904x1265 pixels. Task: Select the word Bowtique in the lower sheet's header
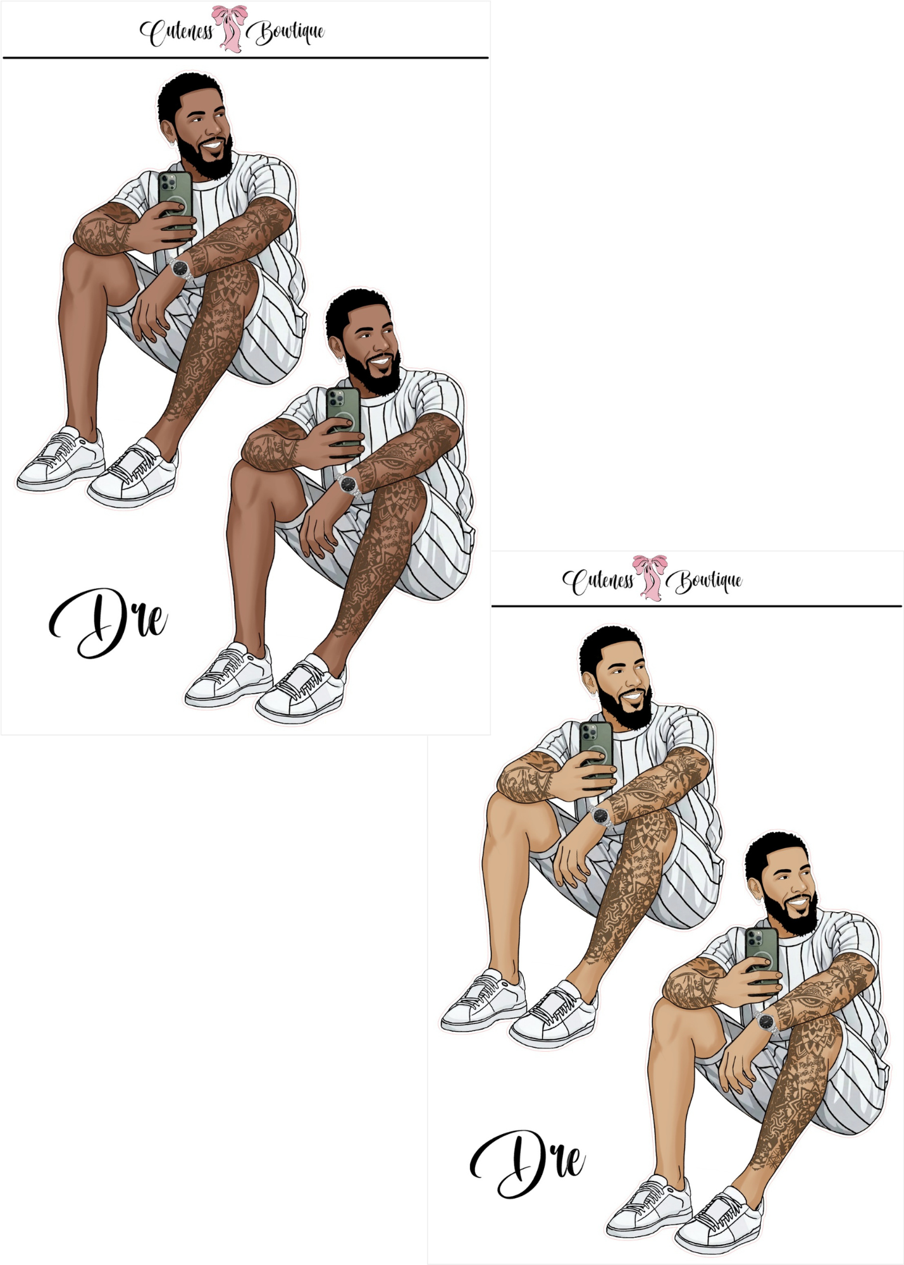tap(707, 581)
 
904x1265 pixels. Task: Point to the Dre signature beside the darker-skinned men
tap(108, 624)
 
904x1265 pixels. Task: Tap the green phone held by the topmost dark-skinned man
tap(175, 199)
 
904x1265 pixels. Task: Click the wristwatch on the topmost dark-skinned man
tap(180, 268)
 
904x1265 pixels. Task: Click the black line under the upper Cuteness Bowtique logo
tap(245, 58)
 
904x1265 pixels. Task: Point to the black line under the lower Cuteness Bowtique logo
tap(697, 606)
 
